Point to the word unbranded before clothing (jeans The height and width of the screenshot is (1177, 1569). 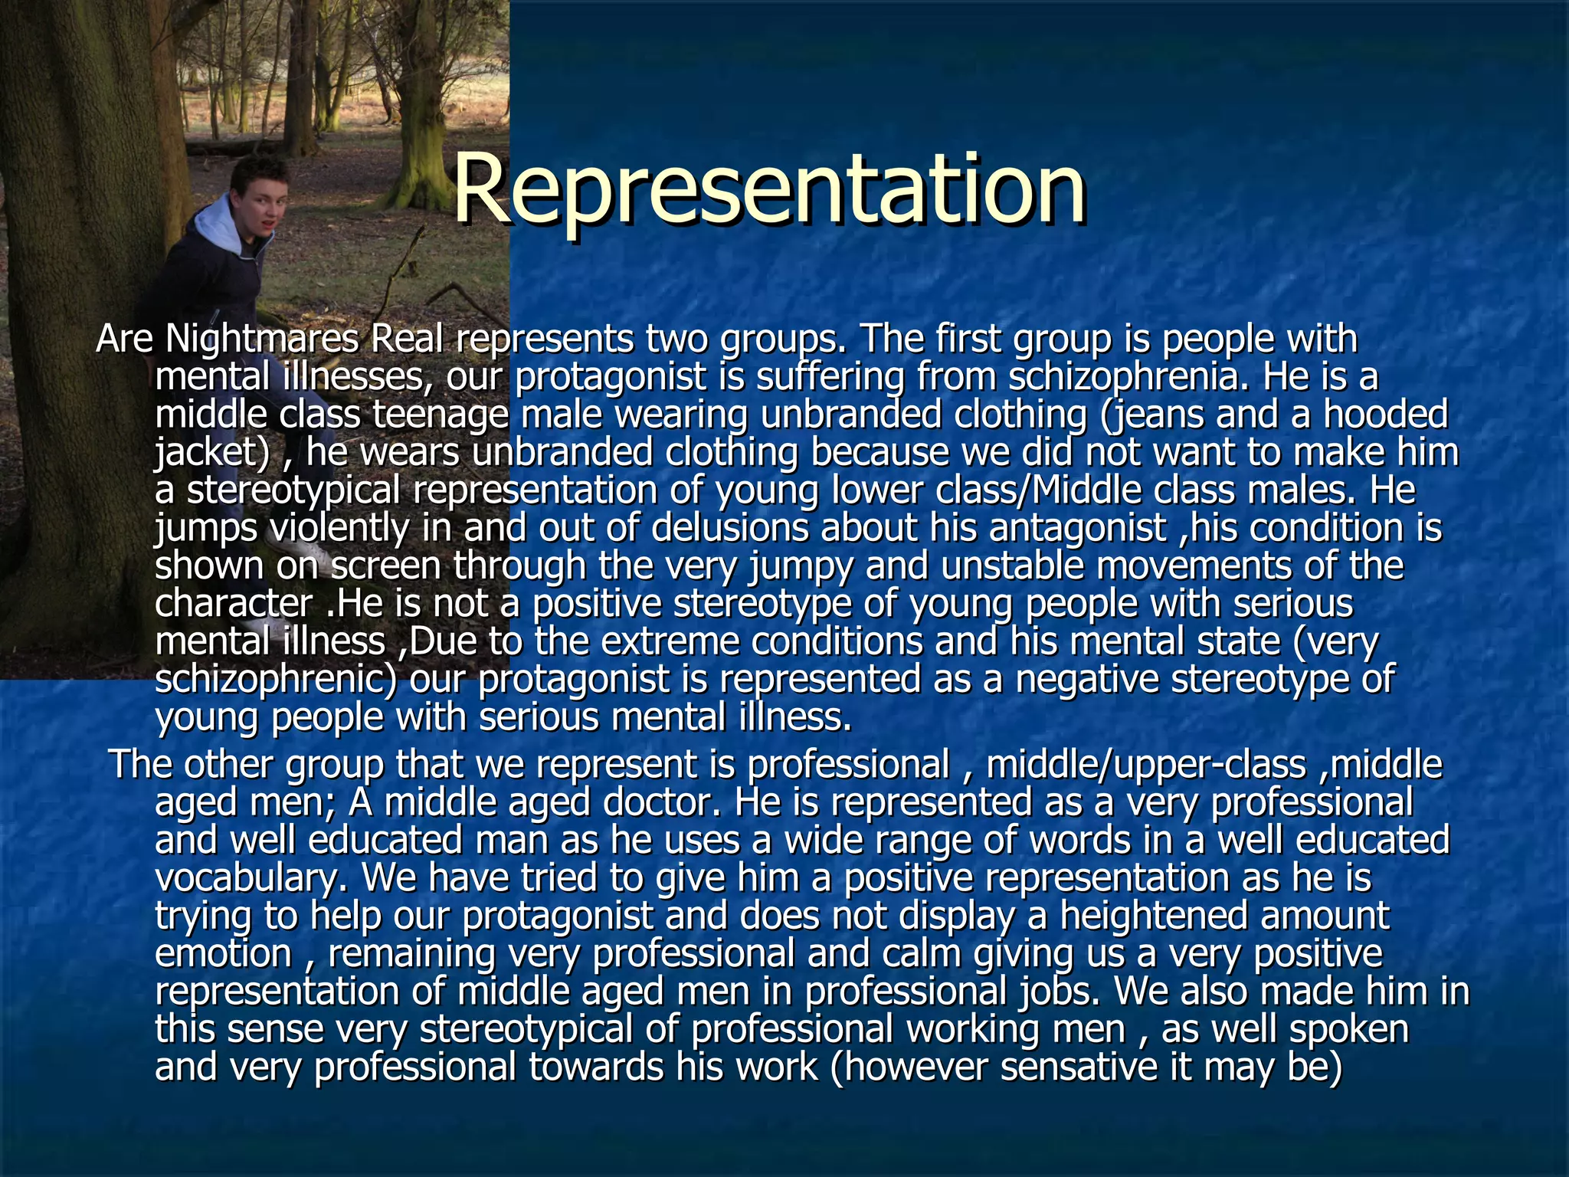point(850,415)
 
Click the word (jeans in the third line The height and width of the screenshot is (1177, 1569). point(1148,415)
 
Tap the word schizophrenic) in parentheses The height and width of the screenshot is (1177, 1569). point(276,679)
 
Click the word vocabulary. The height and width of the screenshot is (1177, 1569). point(246,877)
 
